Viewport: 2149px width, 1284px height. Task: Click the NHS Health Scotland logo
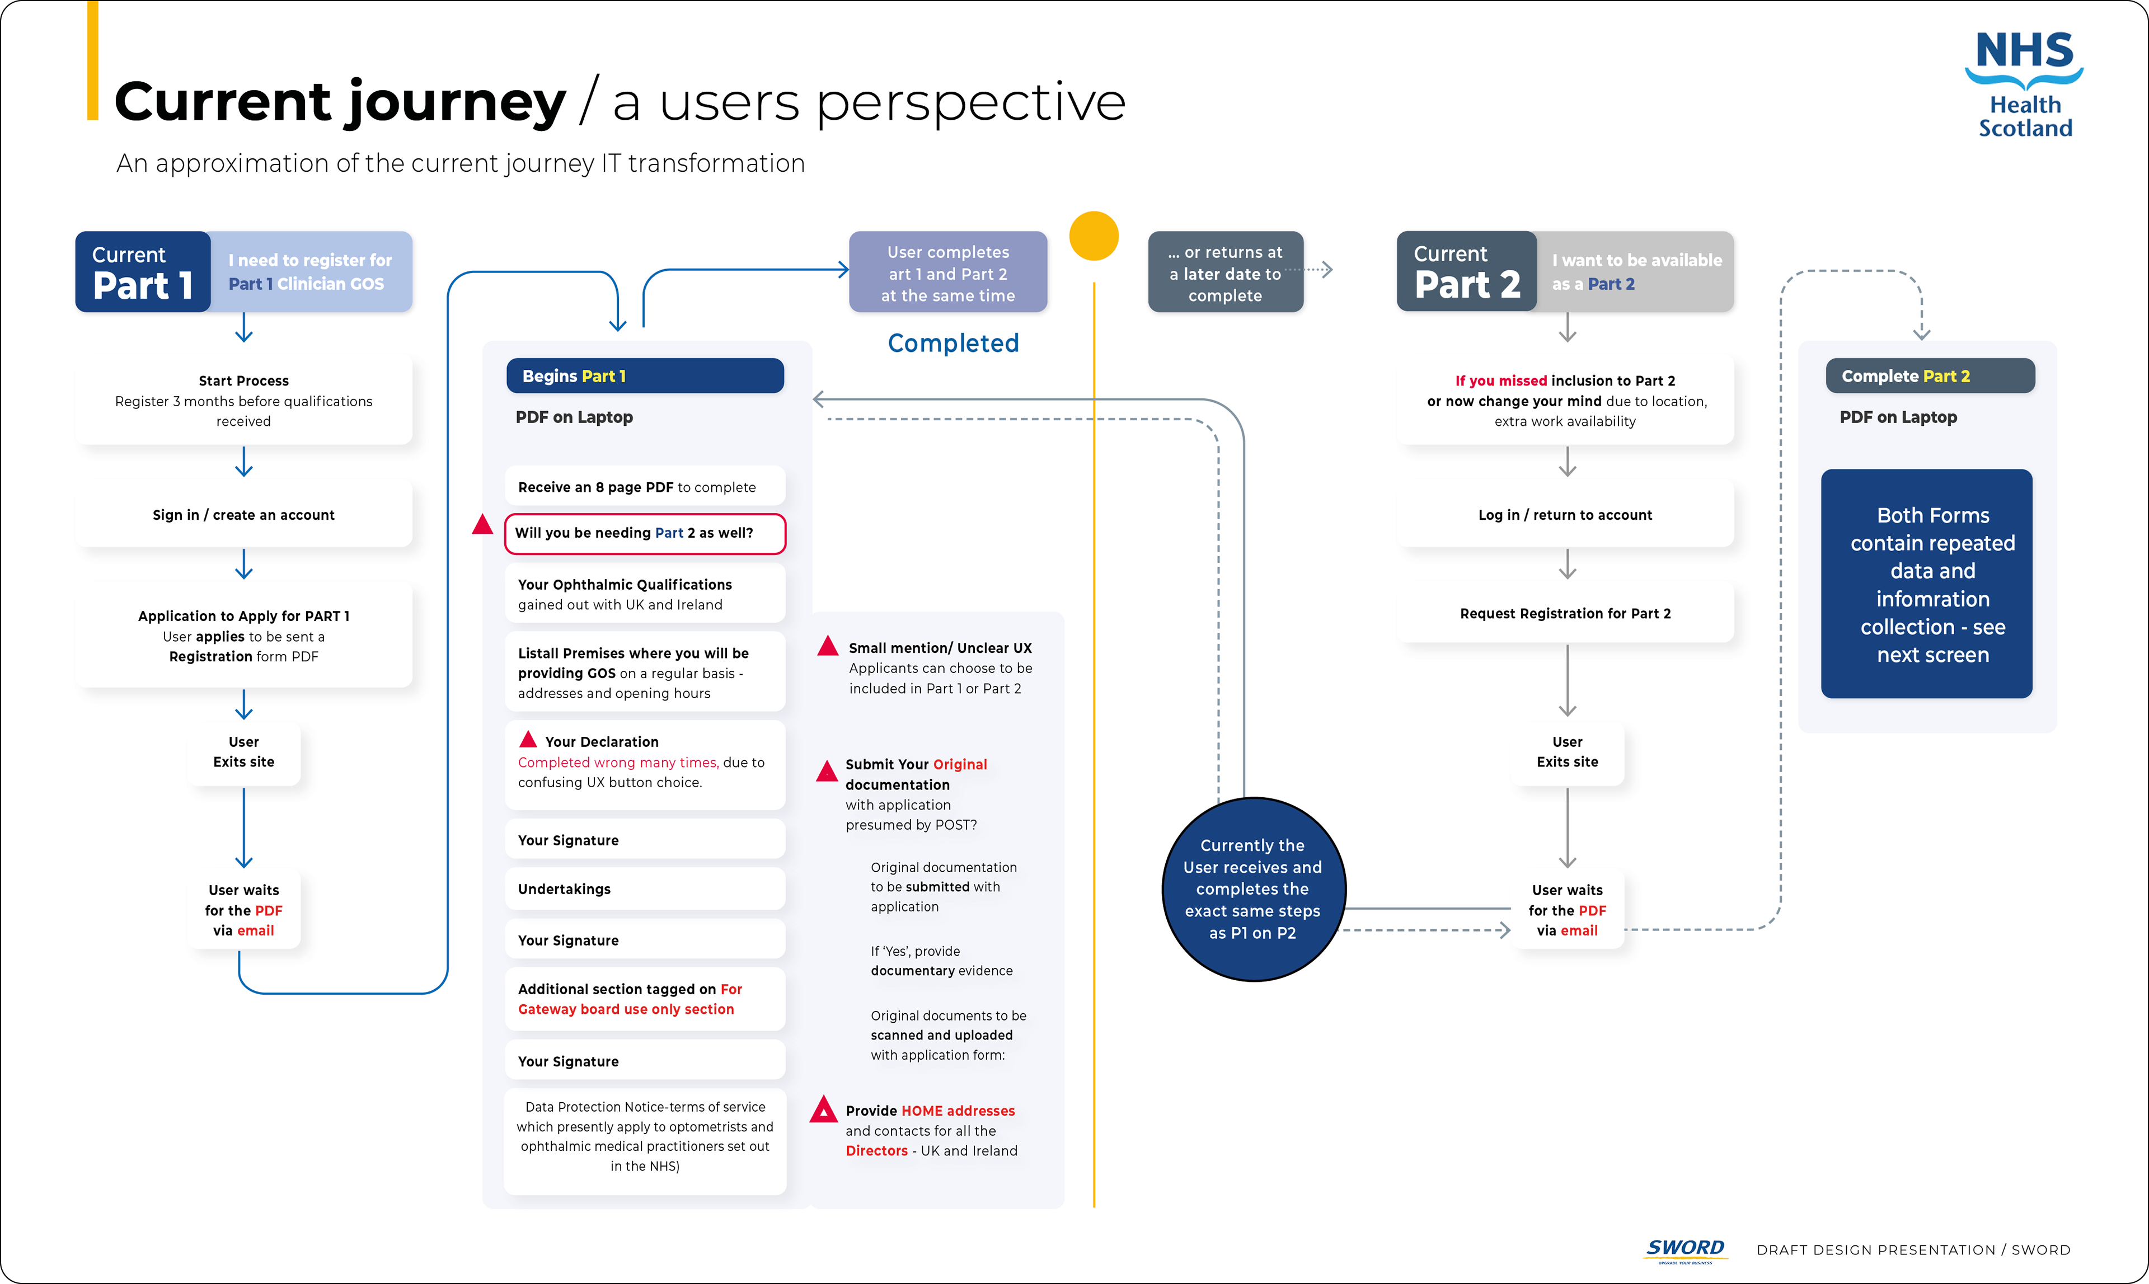2024,85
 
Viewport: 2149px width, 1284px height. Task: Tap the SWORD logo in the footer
1685,1249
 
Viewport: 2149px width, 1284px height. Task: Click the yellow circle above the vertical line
1094,236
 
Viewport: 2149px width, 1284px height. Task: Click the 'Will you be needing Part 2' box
645,533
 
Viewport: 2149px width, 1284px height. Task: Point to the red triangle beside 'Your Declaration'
528,740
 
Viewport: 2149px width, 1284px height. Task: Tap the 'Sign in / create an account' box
243,515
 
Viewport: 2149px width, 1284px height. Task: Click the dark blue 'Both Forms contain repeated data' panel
1927,584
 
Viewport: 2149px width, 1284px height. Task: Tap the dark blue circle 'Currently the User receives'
1252,890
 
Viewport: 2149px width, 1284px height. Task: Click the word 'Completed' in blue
953,344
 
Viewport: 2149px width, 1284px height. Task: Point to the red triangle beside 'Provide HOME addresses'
823,1109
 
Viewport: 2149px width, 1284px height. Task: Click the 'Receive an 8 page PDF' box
645,487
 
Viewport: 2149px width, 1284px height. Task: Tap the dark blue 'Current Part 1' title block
143,272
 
